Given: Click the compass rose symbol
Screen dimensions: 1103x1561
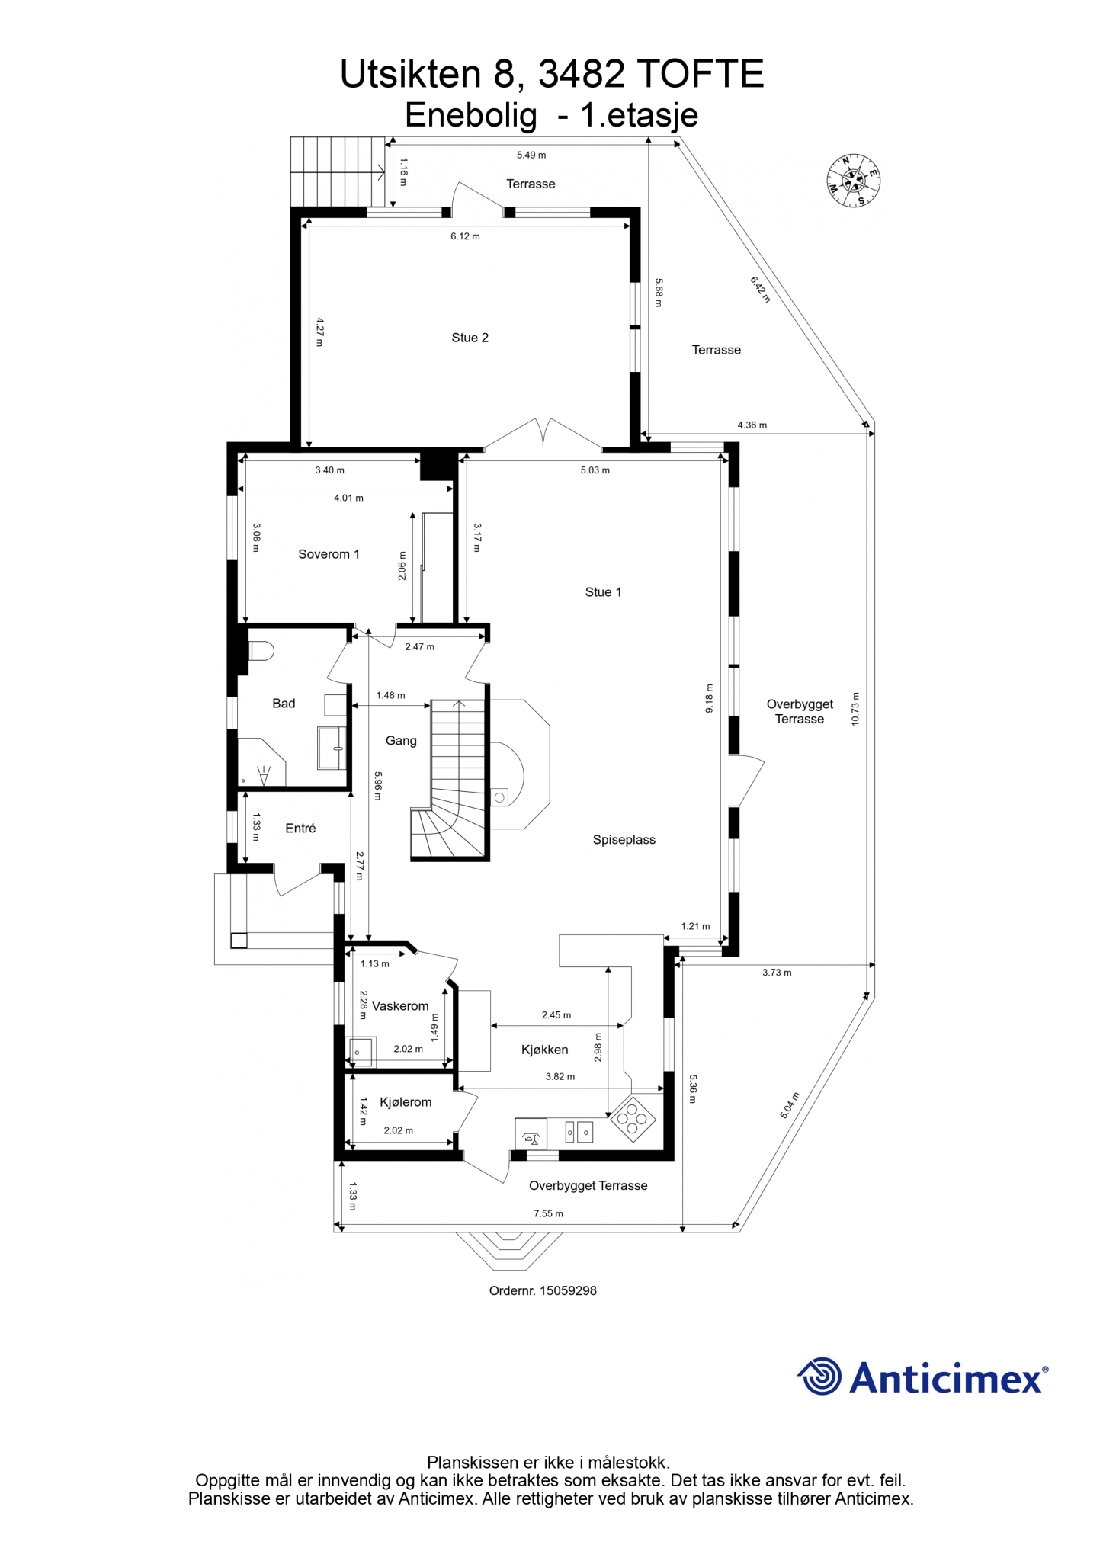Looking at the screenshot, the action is point(854,181).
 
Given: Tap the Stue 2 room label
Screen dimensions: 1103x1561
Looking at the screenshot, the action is point(470,338).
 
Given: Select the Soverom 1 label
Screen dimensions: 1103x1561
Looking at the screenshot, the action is point(329,554).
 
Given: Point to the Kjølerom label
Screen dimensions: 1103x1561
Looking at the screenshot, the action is point(406,1102).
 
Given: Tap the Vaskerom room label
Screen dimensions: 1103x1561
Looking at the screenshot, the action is point(400,1006).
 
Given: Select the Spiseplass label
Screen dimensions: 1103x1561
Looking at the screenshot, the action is point(624,840).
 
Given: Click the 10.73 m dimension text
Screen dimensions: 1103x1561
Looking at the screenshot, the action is point(855,709).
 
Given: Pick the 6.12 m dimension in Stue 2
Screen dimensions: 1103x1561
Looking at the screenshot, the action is point(465,236).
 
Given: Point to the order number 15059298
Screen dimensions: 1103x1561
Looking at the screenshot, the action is point(543,1290).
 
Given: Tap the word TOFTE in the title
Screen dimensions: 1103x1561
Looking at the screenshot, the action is point(700,74).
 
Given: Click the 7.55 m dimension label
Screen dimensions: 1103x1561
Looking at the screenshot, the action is point(548,1213).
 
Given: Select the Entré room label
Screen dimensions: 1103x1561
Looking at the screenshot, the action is point(300,828).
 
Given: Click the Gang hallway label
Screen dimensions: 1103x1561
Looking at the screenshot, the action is point(401,740).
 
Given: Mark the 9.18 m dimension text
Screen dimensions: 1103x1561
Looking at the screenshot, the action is point(709,698).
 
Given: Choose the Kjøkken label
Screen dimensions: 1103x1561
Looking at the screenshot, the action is point(544,1050).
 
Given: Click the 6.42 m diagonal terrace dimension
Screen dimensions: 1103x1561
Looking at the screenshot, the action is point(760,289).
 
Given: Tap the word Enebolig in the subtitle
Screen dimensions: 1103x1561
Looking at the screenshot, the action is point(470,115).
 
